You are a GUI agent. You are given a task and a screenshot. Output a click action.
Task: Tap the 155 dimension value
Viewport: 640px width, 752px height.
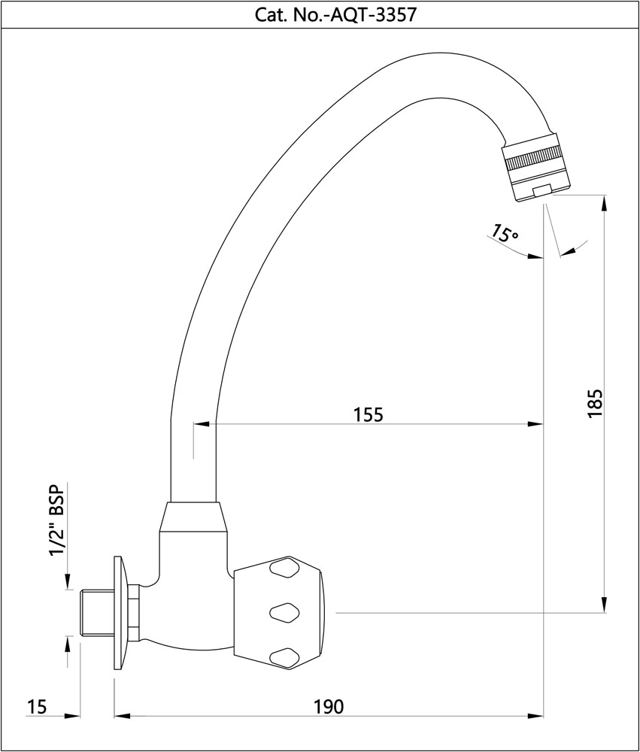(x=369, y=414)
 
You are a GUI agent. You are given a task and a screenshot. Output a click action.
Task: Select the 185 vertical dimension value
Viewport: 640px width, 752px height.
(x=595, y=404)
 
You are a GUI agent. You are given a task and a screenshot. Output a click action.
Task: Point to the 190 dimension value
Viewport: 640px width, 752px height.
(x=328, y=706)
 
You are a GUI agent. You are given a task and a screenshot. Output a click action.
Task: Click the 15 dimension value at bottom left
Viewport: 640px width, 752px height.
(x=37, y=706)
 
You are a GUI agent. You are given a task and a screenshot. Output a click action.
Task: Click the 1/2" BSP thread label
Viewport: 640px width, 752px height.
(x=56, y=520)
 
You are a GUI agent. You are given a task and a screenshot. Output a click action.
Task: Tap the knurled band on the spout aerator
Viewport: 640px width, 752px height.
(x=535, y=160)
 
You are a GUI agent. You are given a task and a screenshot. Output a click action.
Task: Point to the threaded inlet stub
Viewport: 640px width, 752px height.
(x=96, y=612)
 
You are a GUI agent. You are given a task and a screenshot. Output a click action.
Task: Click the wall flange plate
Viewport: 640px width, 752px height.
(x=118, y=612)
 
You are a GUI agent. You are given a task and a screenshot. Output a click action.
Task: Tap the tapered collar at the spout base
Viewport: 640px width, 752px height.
(x=193, y=518)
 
